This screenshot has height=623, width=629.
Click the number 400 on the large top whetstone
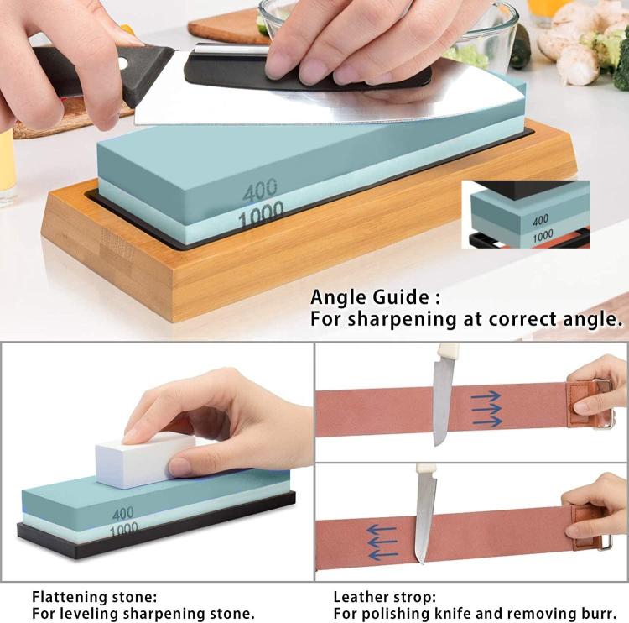pyautogui.click(x=260, y=191)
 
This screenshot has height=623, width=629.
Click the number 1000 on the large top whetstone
pyautogui.click(x=261, y=217)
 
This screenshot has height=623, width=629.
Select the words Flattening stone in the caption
pyautogui.click(x=94, y=597)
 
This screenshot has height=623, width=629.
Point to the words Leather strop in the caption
pyautogui.click(x=384, y=597)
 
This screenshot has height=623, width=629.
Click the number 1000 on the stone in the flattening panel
pyautogui.click(x=122, y=529)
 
